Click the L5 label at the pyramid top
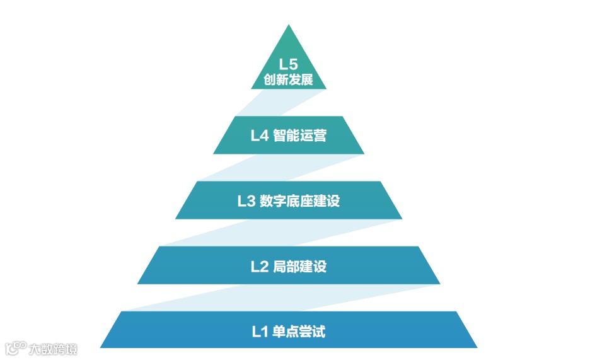point(288,64)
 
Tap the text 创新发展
point(288,81)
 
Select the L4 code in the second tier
point(259,136)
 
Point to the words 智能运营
point(300,136)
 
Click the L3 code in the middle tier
point(246,201)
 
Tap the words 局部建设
point(300,266)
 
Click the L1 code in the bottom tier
point(260,331)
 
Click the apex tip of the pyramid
point(289,27)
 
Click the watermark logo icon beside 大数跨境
point(14,348)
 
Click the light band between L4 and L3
point(277,168)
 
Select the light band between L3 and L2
point(277,233)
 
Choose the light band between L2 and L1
point(277,298)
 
